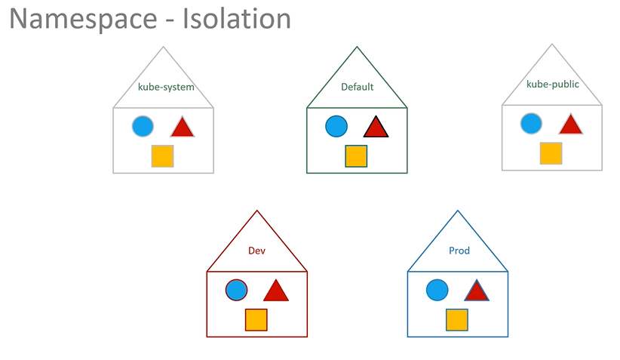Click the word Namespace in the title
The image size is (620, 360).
[x=83, y=20]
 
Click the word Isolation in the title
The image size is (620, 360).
[x=237, y=18]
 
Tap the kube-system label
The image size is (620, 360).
[x=166, y=88]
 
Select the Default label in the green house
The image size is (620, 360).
[x=357, y=87]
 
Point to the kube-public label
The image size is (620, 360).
[x=553, y=85]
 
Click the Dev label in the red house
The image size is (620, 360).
[x=256, y=251]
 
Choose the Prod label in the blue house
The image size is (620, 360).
[x=459, y=251]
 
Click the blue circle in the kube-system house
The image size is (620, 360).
[x=143, y=126]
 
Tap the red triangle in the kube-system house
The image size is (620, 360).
[x=183, y=127]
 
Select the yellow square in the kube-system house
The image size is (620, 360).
[x=162, y=156]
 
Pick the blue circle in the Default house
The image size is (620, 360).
[x=336, y=126]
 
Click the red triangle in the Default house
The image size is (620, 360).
[x=376, y=127]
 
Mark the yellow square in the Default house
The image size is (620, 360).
[x=356, y=156]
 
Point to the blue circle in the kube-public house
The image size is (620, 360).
[x=532, y=124]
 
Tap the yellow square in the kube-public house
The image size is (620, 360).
[x=551, y=153]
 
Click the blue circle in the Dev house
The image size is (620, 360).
[x=236, y=290]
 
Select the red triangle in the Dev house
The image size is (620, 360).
[x=276, y=291]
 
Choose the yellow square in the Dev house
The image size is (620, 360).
[x=256, y=320]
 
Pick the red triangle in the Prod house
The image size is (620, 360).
[x=477, y=291]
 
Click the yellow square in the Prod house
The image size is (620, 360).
[x=457, y=320]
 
